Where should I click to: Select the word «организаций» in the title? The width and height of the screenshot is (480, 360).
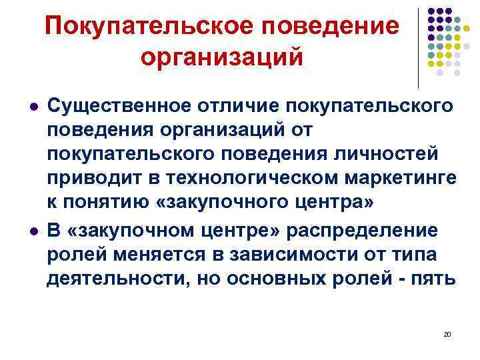(x=221, y=56)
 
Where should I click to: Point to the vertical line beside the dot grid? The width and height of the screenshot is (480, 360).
(x=419, y=47)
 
